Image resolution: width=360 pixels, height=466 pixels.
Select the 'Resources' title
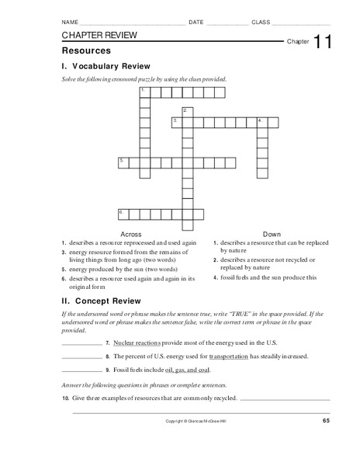click(x=82, y=50)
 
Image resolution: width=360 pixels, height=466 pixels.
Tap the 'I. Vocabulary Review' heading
click(x=106, y=66)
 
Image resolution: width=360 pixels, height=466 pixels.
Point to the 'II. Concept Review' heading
click(x=101, y=297)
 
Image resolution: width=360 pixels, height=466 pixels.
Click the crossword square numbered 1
click(x=144, y=92)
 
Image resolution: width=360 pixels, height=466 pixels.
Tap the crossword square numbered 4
click(x=261, y=122)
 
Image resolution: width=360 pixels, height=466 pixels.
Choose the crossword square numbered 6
click(x=123, y=212)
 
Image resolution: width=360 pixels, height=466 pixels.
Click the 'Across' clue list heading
click(x=132, y=233)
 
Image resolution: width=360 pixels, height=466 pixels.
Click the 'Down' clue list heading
click(x=272, y=233)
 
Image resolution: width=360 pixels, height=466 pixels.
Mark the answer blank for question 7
click(x=81, y=343)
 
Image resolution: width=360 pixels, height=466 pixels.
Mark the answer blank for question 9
click(x=81, y=370)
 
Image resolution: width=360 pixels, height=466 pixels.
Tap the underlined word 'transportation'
click(x=225, y=356)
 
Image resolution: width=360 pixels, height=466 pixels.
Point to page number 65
click(x=327, y=421)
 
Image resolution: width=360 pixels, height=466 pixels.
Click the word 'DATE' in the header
click(x=196, y=23)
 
